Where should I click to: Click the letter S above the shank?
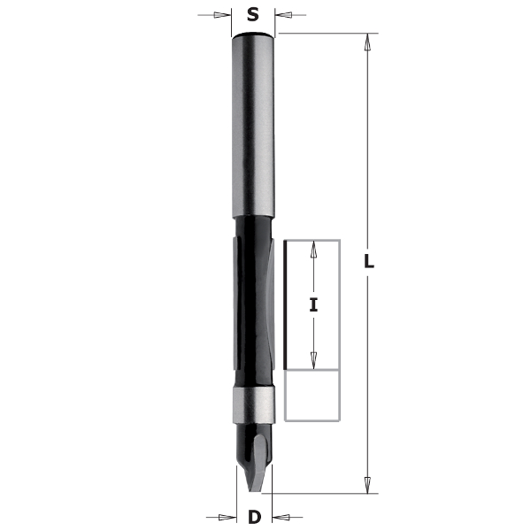click(254, 14)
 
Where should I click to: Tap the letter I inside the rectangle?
click(312, 305)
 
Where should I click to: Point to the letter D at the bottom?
click(254, 517)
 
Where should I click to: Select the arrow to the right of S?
click(290, 14)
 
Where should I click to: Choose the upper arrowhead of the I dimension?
click(312, 250)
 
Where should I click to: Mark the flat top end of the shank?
click(254, 35)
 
